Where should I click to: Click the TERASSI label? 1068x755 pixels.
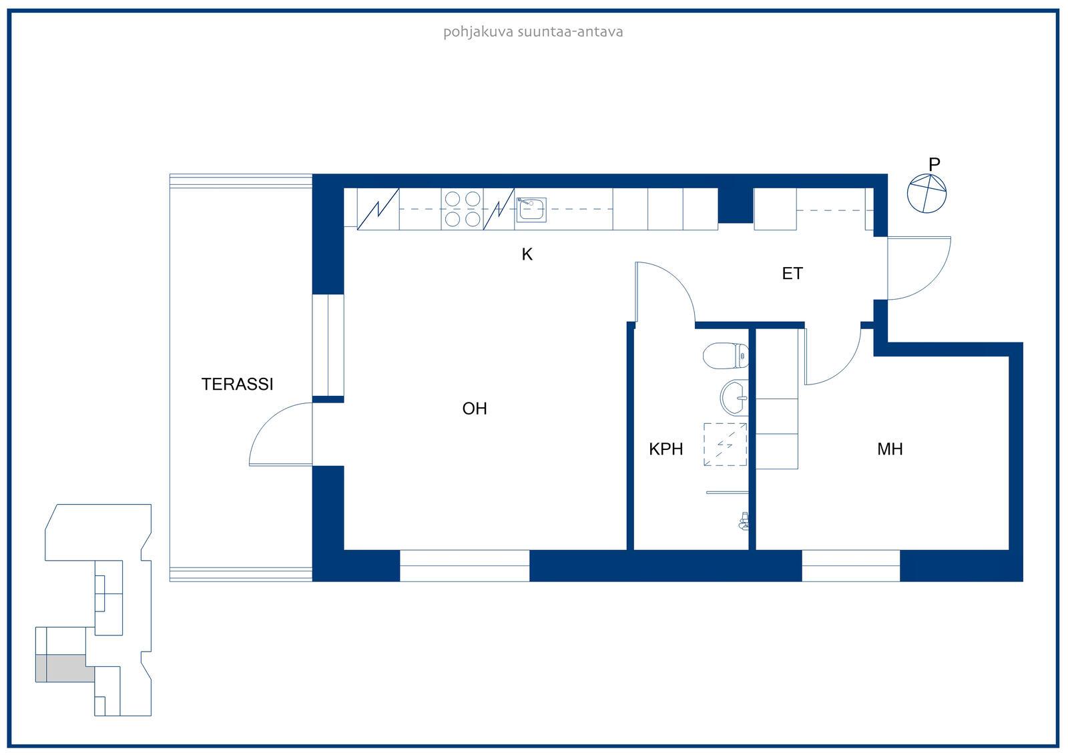pyautogui.click(x=237, y=385)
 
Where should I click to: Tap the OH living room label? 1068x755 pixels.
pyautogui.click(x=475, y=409)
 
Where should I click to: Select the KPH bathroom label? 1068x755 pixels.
pyautogui.click(x=665, y=449)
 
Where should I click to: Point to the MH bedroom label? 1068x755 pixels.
pyautogui.click(x=890, y=449)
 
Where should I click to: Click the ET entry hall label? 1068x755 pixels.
pyautogui.click(x=792, y=274)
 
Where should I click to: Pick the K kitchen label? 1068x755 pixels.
pyautogui.click(x=527, y=255)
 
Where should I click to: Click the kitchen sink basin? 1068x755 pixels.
pyautogui.click(x=531, y=210)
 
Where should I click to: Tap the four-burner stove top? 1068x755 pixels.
pyautogui.click(x=462, y=209)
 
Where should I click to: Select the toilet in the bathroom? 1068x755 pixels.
pyautogui.click(x=725, y=356)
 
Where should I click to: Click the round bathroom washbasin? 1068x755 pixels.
pyautogui.click(x=734, y=397)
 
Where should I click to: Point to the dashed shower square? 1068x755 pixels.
pyautogui.click(x=725, y=445)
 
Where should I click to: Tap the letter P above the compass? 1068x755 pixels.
pyautogui.click(x=934, y=164)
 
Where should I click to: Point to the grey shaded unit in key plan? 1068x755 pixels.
pyautogui.click(x=65, y=668)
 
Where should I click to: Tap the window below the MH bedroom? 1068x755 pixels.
pyautogui.click(x=850, y=565)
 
